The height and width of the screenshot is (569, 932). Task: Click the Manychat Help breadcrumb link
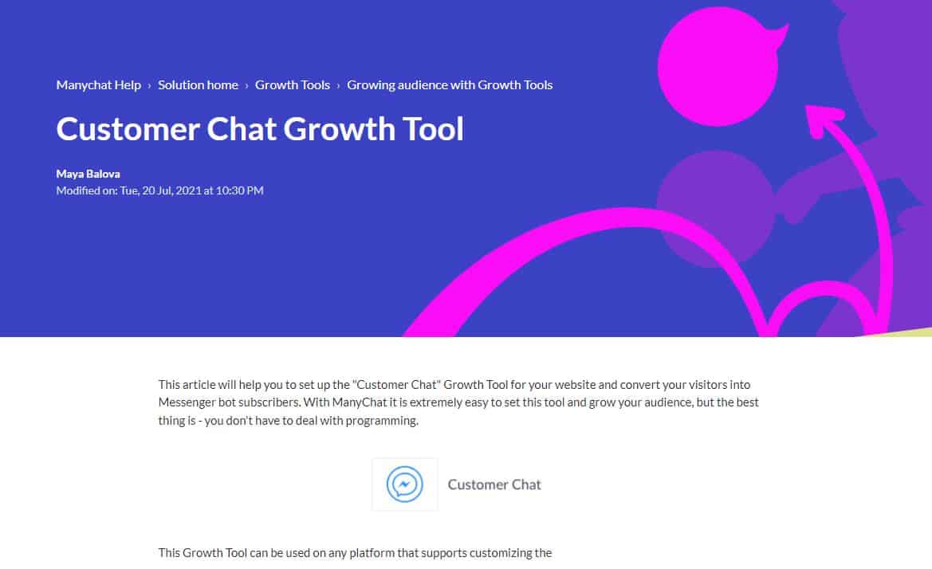98,84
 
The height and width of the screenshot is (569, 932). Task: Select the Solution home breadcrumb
198,84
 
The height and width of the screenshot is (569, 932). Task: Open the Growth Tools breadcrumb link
292,84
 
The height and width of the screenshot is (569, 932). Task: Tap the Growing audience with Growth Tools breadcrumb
450,84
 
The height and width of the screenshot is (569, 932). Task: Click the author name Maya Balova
88,174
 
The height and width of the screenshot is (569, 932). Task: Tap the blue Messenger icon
404,485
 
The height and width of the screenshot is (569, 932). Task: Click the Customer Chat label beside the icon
494,485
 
